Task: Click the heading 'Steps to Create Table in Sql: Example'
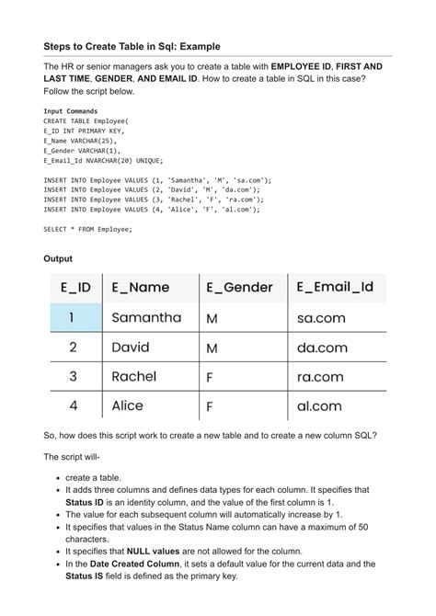(132, 46)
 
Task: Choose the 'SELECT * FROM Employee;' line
(87, 229)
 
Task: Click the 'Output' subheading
(58, 259)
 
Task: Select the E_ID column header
(75, 288)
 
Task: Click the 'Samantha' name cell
(146, 318)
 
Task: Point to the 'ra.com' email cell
(320, 377)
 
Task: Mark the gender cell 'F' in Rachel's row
(210, 378)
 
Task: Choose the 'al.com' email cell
(318, 406)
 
